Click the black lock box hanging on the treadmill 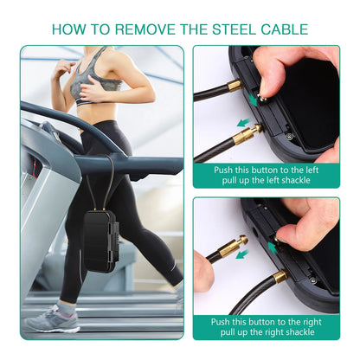[x=100, y=241]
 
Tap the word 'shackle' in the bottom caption [x=299, y=332]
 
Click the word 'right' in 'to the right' [x=310, y=322]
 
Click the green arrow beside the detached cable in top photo [x=243, y=123]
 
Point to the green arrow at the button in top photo [x=253, y=100]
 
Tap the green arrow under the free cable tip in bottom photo [x=242, y=254]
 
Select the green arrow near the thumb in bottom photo [x=273, y=247]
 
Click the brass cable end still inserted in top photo [x=235, y=86]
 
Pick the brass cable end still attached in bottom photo [x=280, y=277]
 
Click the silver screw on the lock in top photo [x=289, y=136]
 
